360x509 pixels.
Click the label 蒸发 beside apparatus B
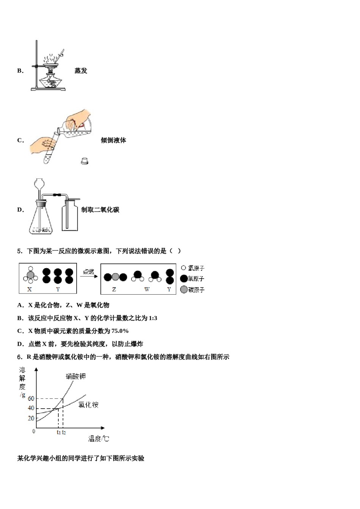[x=81, y=71]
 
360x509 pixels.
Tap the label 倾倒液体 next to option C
[x=113, y=140]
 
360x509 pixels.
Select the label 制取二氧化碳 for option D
[x=100, y=210]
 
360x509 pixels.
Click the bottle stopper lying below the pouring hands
[x=85, y=161]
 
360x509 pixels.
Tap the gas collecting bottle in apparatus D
[x=71, y=216]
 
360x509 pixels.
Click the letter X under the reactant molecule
[x=30, y=289]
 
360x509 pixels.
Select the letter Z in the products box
[x=114, y=289]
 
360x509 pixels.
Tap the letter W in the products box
[x=147, y=289]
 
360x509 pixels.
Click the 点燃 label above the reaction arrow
[x=88, y=272]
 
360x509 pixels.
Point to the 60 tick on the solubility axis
[x=31, y=398]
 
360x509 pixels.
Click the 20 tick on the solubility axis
[x=31, y=418]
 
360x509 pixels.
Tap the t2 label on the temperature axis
[x=64, y=432]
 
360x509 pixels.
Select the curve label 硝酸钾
[x=75, y=376]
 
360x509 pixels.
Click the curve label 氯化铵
[x=88, y=405]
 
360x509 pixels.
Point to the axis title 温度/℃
[x=99, y=439]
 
